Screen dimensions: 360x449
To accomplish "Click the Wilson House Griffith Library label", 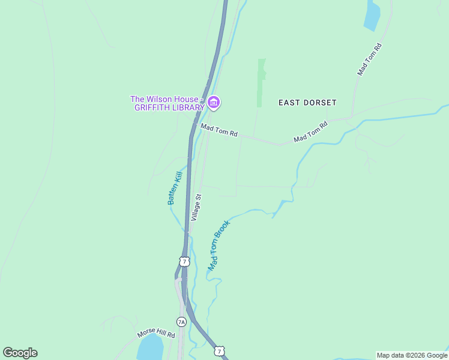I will (x=168, y=103).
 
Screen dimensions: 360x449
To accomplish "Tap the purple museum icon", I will (x=214, y=103).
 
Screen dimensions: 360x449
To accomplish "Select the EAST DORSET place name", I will (x=307, y=103).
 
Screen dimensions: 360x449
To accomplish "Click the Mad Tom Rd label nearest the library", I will (x=219, y=130).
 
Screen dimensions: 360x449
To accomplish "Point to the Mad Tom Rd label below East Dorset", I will (x=310, y=132).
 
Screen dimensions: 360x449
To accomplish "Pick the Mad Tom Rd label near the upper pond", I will (x=370, y=59).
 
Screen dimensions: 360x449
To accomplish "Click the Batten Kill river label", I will (x=175, y=188).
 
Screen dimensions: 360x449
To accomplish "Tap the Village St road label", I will (x=196, y=208).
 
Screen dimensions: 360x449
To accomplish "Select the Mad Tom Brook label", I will (x=219, y=244).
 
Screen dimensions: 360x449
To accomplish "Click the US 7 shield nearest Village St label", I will (x=184, y=261).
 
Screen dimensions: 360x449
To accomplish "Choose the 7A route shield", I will (x=181, y=322).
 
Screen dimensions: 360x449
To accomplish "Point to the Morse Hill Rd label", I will (x=155, y=333).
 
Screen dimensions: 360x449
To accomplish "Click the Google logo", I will (x=20, y=353).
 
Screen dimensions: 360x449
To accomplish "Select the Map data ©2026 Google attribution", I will (x=412, y=355).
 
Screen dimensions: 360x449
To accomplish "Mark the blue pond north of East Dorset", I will (x=372, y=16).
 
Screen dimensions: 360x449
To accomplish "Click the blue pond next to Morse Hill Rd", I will (x=150, y=348).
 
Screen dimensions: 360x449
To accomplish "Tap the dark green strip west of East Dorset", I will (x=261, y=83).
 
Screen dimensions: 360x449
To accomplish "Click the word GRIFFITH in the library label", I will (x=155, y=108).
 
